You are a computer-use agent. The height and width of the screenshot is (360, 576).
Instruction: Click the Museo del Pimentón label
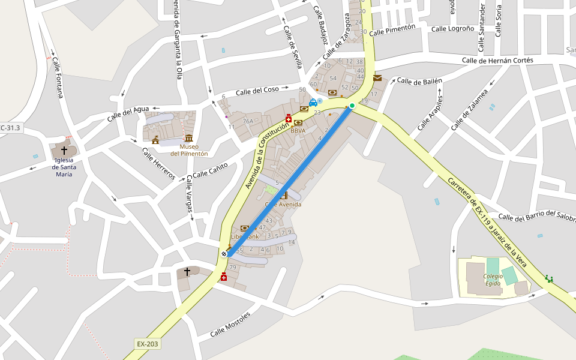click(189, 150)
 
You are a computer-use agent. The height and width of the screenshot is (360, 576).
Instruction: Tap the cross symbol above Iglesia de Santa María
click(64, 150)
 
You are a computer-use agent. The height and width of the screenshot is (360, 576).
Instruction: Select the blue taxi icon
click(313, 103)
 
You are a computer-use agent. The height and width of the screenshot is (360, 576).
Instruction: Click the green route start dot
click(352, 106)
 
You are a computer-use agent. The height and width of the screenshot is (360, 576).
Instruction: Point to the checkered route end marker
click(224, 254)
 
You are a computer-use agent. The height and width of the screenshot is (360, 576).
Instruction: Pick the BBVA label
click(298, 130)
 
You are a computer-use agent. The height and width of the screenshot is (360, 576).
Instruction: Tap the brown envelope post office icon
click(377, 78)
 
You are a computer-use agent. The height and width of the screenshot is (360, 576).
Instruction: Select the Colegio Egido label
click(493, 280)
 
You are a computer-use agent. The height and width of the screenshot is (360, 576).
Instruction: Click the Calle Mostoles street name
click(230, 325)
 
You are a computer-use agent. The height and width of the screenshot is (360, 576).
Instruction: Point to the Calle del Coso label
click(257, 91)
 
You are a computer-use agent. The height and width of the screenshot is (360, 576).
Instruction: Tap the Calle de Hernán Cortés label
click(497, 60)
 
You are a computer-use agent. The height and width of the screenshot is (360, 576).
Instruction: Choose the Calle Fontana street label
click(58, 78)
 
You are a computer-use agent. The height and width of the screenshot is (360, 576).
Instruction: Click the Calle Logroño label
click(453, 29)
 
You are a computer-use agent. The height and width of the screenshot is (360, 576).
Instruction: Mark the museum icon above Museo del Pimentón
click(189, 139)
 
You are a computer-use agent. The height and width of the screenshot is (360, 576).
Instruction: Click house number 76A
click(248, 121)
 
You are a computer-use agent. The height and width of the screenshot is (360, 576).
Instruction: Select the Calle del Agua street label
click(128, 113)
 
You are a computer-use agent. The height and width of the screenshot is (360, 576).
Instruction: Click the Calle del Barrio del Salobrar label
click(536, 217)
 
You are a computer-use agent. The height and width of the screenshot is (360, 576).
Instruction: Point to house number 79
click(233, 267)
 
